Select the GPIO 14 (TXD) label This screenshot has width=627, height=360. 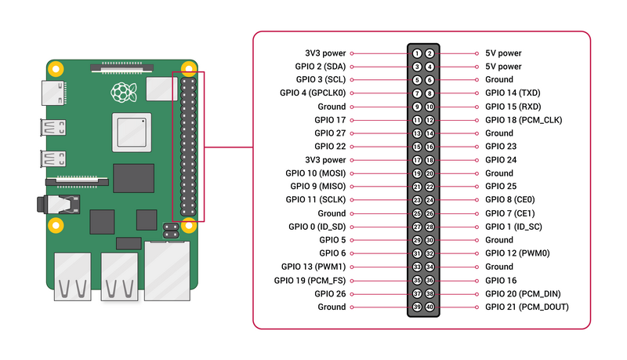point(513,93)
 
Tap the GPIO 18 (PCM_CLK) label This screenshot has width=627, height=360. point(523,120)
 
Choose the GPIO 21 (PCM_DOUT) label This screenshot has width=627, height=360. point(527,307)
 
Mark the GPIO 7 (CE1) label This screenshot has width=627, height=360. point(510,213)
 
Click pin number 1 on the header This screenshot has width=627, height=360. point(418,53)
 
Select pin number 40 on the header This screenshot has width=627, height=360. point(429,307)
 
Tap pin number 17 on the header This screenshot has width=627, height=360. point(418,160)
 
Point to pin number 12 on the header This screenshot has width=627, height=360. point(429,120)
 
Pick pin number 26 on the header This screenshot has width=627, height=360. point(429,213)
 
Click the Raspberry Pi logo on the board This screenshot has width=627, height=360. point(121,93)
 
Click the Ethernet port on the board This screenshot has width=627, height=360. point(167,271)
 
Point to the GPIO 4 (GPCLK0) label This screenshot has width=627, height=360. point(312,93)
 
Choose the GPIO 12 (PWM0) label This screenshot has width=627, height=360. point(516,253)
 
